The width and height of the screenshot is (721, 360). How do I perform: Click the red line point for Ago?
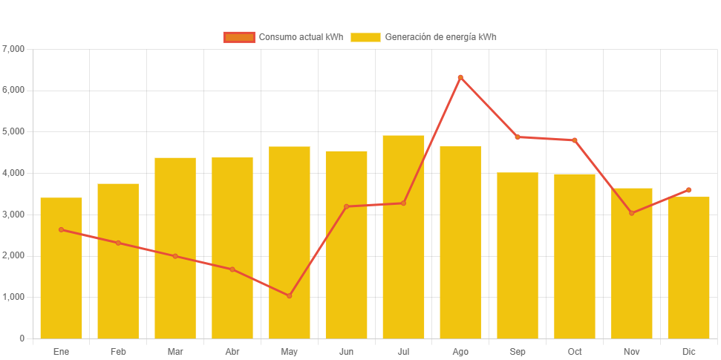point(460,77)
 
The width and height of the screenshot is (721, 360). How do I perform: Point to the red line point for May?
point(290,295)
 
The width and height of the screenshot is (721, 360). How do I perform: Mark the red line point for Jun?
point(346,206)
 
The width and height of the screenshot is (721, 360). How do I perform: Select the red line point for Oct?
point(575,140)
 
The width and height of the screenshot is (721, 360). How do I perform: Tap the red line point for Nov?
point(631,213)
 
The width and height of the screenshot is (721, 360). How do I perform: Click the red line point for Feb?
point(118,243)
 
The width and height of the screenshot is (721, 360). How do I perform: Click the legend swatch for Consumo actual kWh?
point(239,37)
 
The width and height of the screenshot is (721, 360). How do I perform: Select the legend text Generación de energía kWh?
point(440,37)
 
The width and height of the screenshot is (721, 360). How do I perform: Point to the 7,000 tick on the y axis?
point(14,49)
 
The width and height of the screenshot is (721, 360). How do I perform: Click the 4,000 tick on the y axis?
point(14,173)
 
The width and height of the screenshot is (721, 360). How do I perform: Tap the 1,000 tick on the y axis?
point(14,297)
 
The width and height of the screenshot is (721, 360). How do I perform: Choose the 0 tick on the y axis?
point(22,338)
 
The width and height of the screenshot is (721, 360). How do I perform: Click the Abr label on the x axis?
point(232,351)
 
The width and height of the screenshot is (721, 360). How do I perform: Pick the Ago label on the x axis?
point(460,351)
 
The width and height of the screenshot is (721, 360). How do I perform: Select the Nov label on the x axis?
point(631,351)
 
